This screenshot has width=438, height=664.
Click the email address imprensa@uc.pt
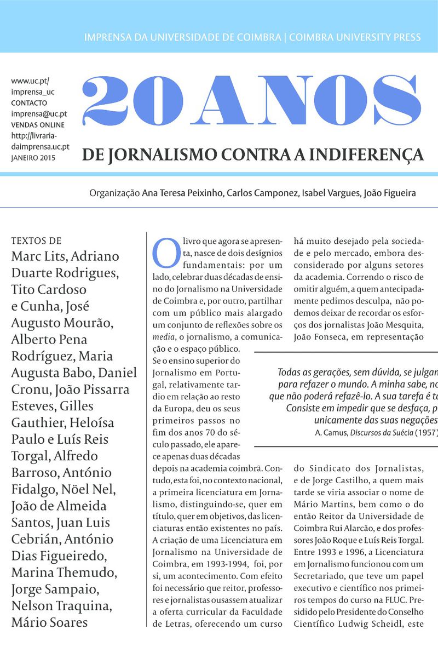[x=39, y=114]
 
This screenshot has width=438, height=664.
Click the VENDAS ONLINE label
[x=37, y=125]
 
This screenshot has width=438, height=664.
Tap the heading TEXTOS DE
[x=36, y=241]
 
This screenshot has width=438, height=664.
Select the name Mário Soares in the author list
[x=49, y=622]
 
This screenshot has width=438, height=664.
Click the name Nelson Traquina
[x=61, y=606]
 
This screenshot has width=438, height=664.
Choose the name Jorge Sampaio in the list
[x=55, y=589]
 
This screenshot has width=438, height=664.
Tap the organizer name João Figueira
[x=389, y=193]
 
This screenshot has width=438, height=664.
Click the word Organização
[x=114, y=193]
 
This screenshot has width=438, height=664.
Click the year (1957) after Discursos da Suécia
[x=426, y=432]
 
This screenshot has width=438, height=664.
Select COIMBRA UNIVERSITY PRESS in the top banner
[x=355, y=37]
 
